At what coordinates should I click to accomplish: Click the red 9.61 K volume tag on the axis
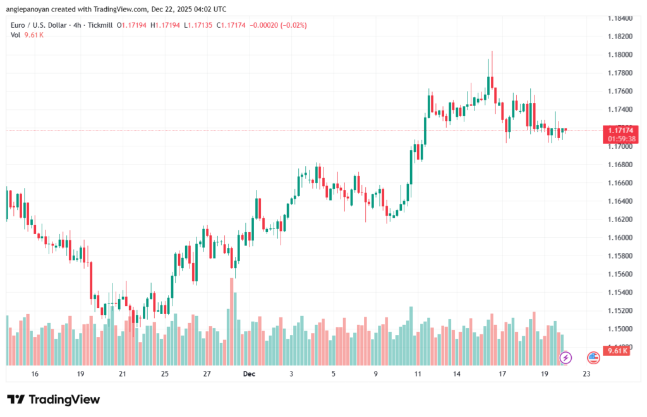[x=617, y=351]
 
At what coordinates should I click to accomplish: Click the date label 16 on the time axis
[x=35, y=374]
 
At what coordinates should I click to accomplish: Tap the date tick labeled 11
[x=418, y=374]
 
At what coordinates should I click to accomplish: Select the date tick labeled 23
[x=587, y=374]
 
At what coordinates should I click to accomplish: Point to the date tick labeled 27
[x=207, y=374]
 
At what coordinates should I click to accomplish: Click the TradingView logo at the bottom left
[x=53, y=399]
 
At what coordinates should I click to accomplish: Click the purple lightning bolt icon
[x=565, y=358]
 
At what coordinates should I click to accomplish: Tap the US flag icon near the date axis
[x=593, y=358]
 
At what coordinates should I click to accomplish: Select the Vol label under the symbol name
[x=15, y=35]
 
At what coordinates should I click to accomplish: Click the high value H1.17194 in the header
[x=166, y=25]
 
